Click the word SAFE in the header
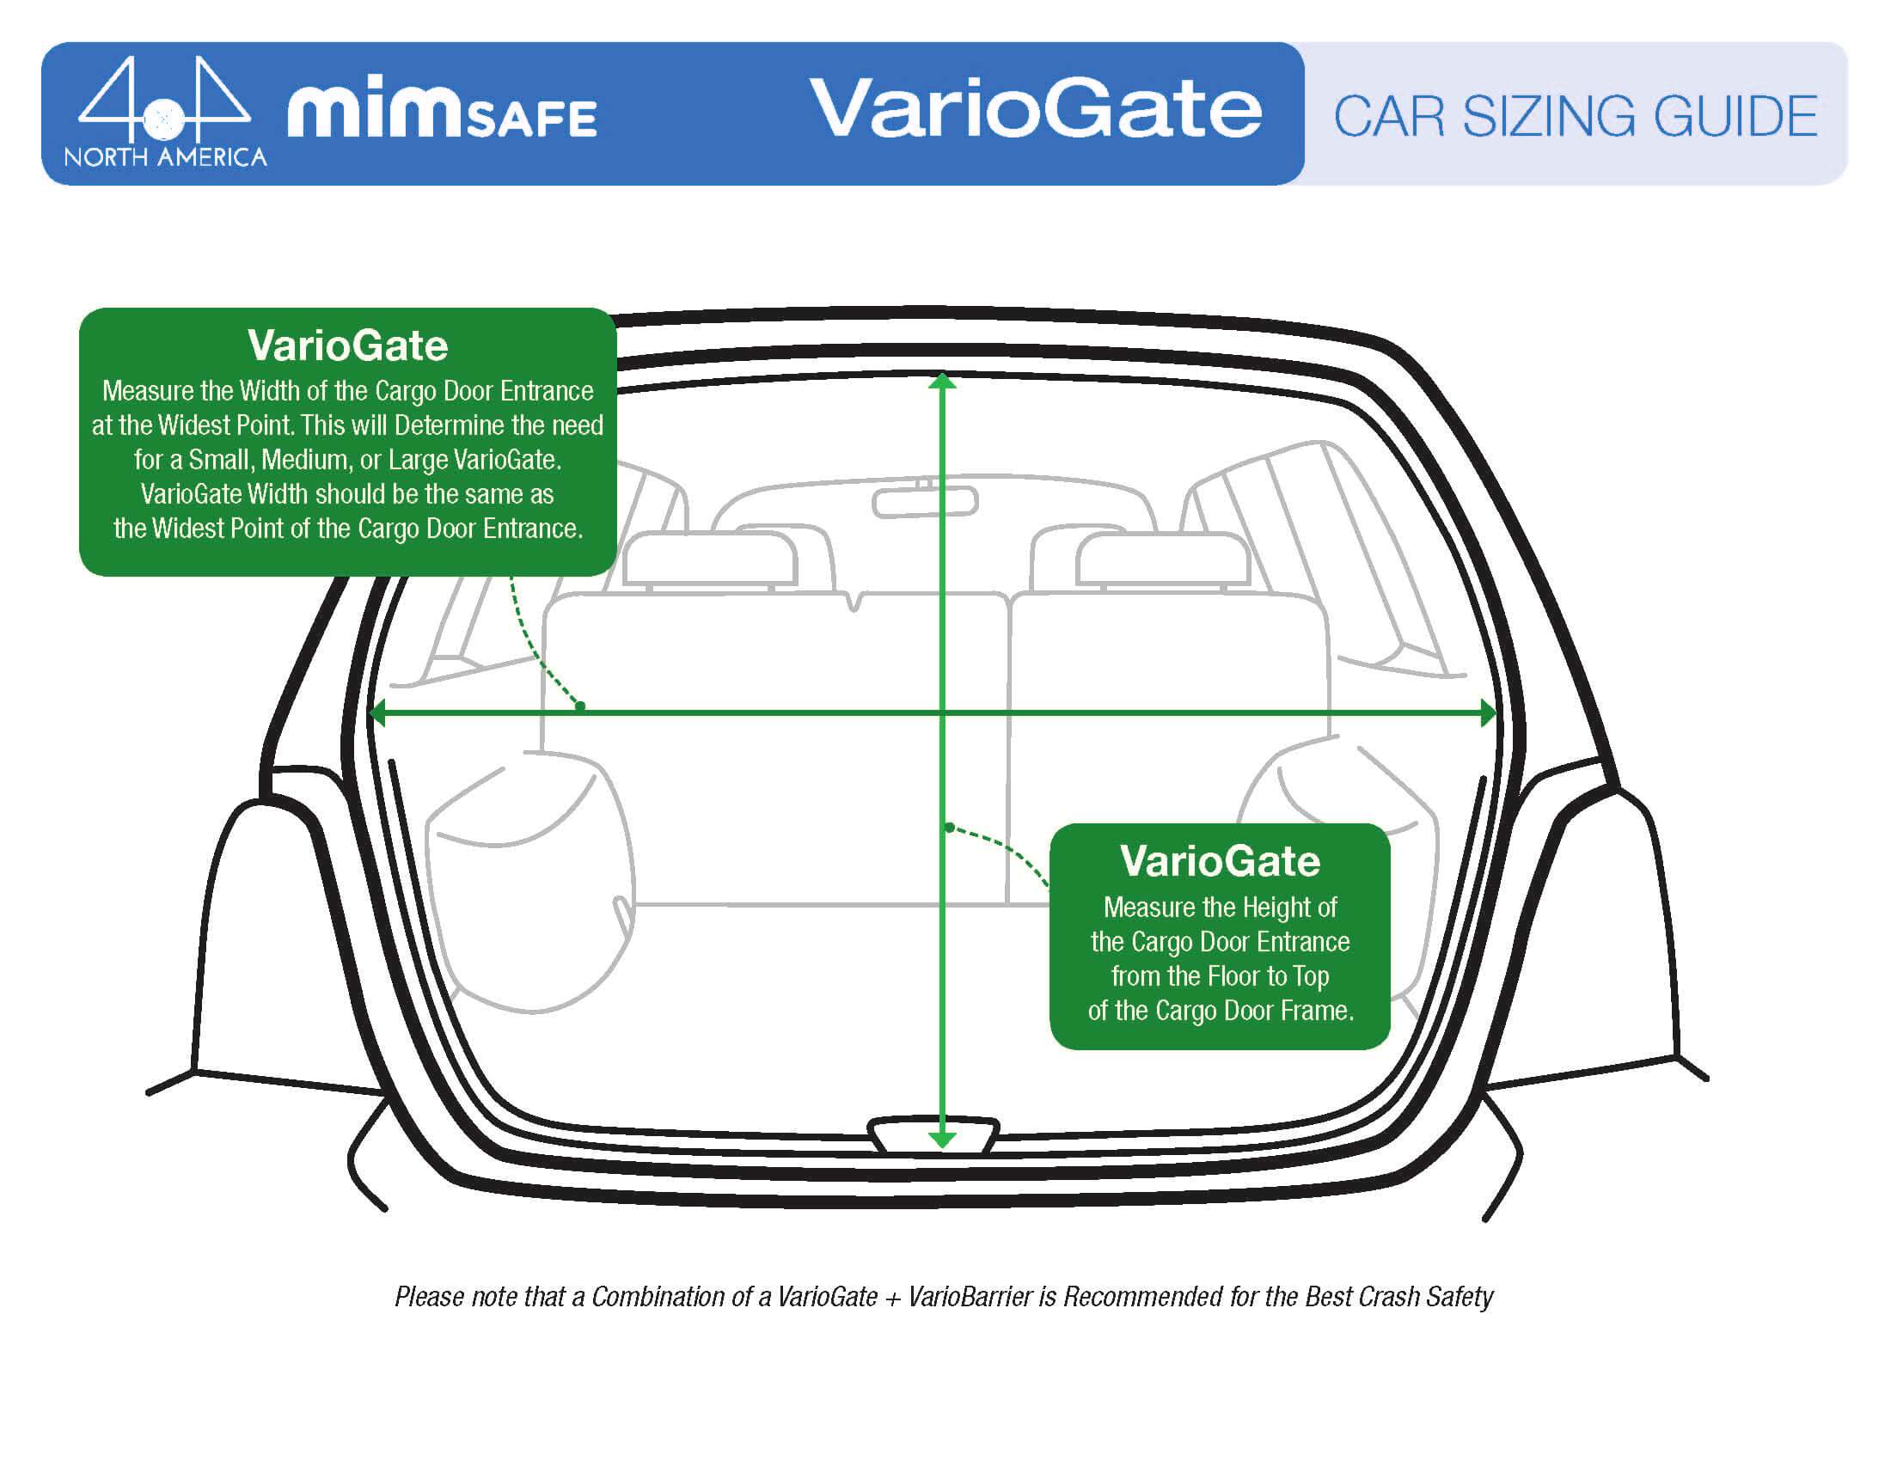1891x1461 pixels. (531, 119)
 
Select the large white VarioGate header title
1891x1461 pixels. (1036, 109)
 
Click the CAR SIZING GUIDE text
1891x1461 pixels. (1574, 117)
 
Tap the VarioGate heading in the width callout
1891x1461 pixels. (347, 345)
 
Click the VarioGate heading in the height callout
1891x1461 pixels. (1219, 861)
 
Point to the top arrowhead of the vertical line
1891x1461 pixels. (942, 382)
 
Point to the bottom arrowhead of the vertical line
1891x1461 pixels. (942, 1140)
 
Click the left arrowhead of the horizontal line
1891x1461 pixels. (377, 713)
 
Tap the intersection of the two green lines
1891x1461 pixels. (942, 713)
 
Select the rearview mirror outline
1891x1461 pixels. (925, 502)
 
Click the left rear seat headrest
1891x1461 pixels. (708, 559)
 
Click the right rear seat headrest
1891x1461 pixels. (1162, 559)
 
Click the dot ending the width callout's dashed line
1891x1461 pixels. (580, 706)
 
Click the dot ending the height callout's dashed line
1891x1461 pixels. (950, 828)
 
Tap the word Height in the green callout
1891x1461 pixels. (1271, 907)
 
